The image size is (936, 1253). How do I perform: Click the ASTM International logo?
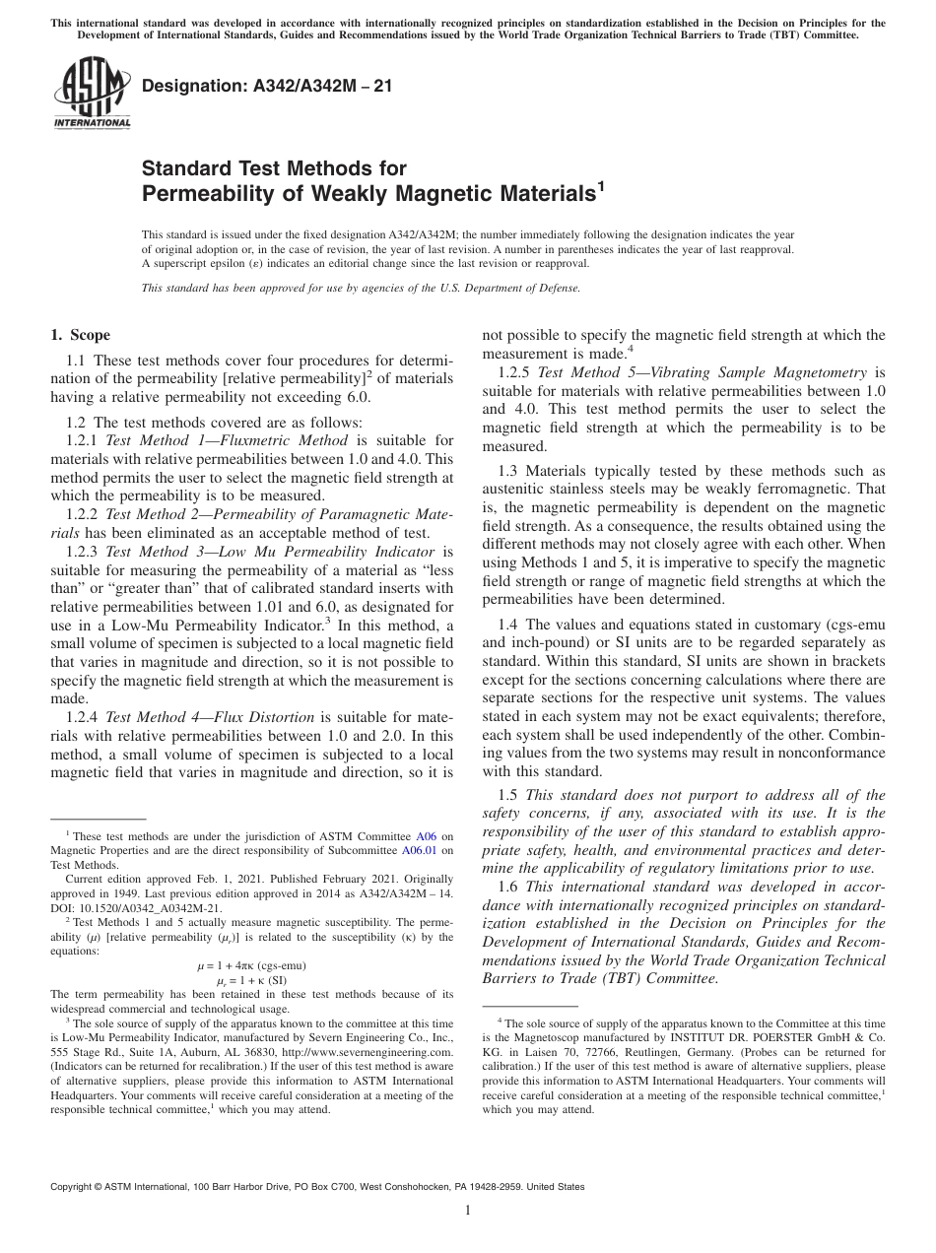tap(92, 93)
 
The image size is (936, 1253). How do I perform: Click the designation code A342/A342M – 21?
tap(267, 87)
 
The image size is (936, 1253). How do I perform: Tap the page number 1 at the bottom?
tap(468, 1212)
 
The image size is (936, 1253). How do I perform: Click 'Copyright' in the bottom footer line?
tap(77, 1187)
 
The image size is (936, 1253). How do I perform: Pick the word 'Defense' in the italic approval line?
tap(557, 289)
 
